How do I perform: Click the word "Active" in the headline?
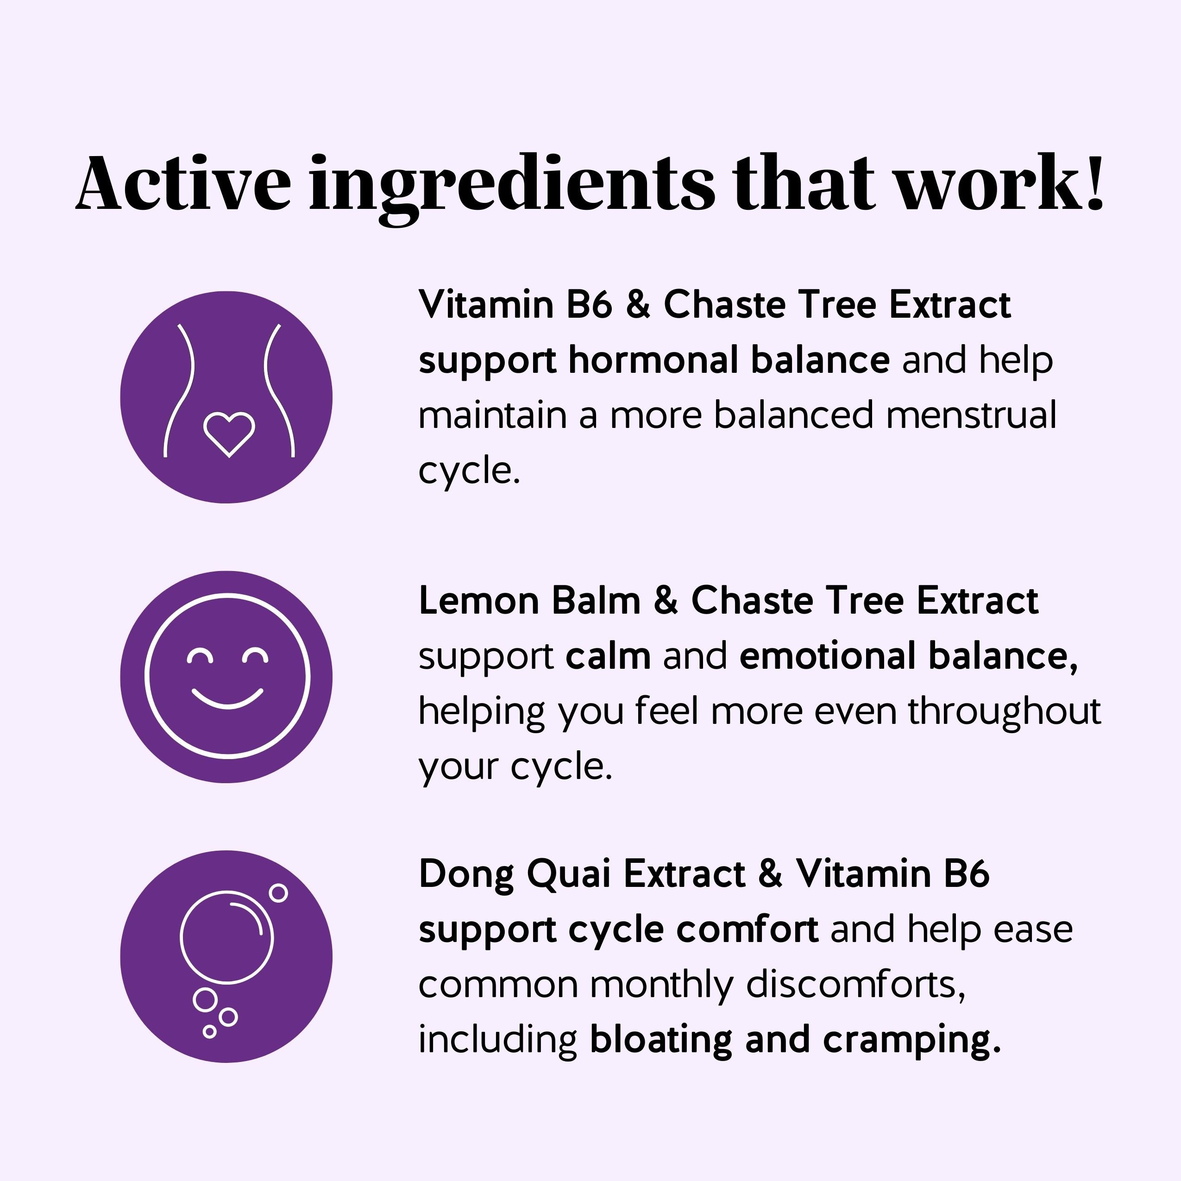coord(183,183)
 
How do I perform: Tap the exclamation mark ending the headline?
coord(1095,181)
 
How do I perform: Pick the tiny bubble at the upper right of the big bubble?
coord(278,893)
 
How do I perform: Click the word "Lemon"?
coord(478,601)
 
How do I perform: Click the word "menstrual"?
coord(971,415)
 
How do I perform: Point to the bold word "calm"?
coord(608,656)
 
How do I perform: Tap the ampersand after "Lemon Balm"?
coord(666,600)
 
